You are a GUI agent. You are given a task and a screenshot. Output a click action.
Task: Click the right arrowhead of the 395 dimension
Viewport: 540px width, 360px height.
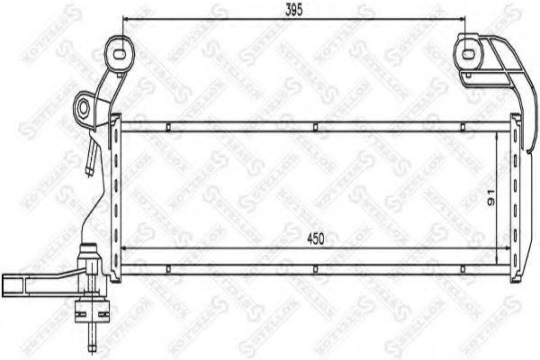click(x=464, y=20)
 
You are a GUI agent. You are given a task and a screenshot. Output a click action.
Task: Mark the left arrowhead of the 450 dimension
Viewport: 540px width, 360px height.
click(x=124, y=248)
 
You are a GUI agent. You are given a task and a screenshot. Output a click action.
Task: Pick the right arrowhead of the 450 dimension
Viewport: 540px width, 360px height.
click(x=502, y=248)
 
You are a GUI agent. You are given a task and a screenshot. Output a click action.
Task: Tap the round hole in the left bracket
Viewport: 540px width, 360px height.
click(x=84, y=109)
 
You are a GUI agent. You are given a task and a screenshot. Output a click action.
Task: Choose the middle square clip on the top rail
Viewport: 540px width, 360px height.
click(x=314, y=127)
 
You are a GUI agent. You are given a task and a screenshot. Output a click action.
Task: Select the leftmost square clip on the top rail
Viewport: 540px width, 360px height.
click(x=168, y=127)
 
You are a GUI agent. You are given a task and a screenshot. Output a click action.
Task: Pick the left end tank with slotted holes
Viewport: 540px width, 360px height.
click(x=114, y=193)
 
